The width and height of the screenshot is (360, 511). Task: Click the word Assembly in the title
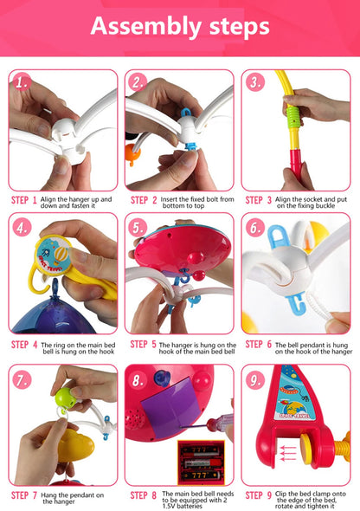point(146,27)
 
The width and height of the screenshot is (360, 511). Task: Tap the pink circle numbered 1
point(22,82)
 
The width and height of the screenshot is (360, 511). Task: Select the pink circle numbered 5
point(138,228)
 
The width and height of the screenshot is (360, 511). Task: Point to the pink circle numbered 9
point(255,380)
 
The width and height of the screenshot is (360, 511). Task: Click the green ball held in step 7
point(65,398)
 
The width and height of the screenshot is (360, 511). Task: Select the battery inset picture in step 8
point(201,462)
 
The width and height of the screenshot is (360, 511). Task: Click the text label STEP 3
point(259,200)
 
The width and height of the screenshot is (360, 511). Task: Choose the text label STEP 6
point(259,345)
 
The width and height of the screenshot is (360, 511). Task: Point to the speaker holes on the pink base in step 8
point(133,420)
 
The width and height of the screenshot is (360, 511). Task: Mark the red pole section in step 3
point(296,165)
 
